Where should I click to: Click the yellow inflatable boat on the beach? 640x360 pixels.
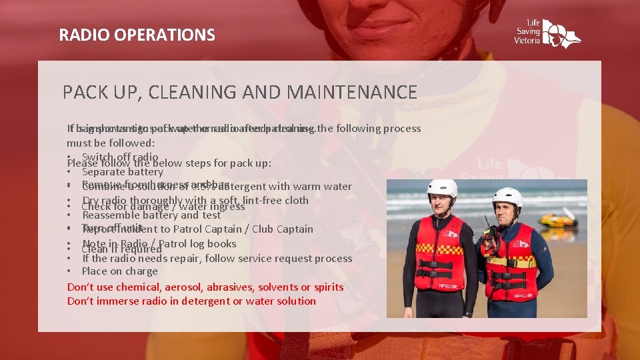pyautogui.click(x=557, y=219)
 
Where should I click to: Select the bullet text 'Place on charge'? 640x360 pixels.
pyautogui.click(x=119, y=271)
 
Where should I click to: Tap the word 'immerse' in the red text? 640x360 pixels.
pyautogui.click(x=137, y=301)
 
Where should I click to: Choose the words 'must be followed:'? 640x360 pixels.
pyautogui.click(x=110, y=143)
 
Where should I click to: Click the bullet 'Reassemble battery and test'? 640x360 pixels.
pyautogui.click(x=151, y=215)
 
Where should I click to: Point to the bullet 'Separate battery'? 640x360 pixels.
pyautogui.click(x=122, y=172)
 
